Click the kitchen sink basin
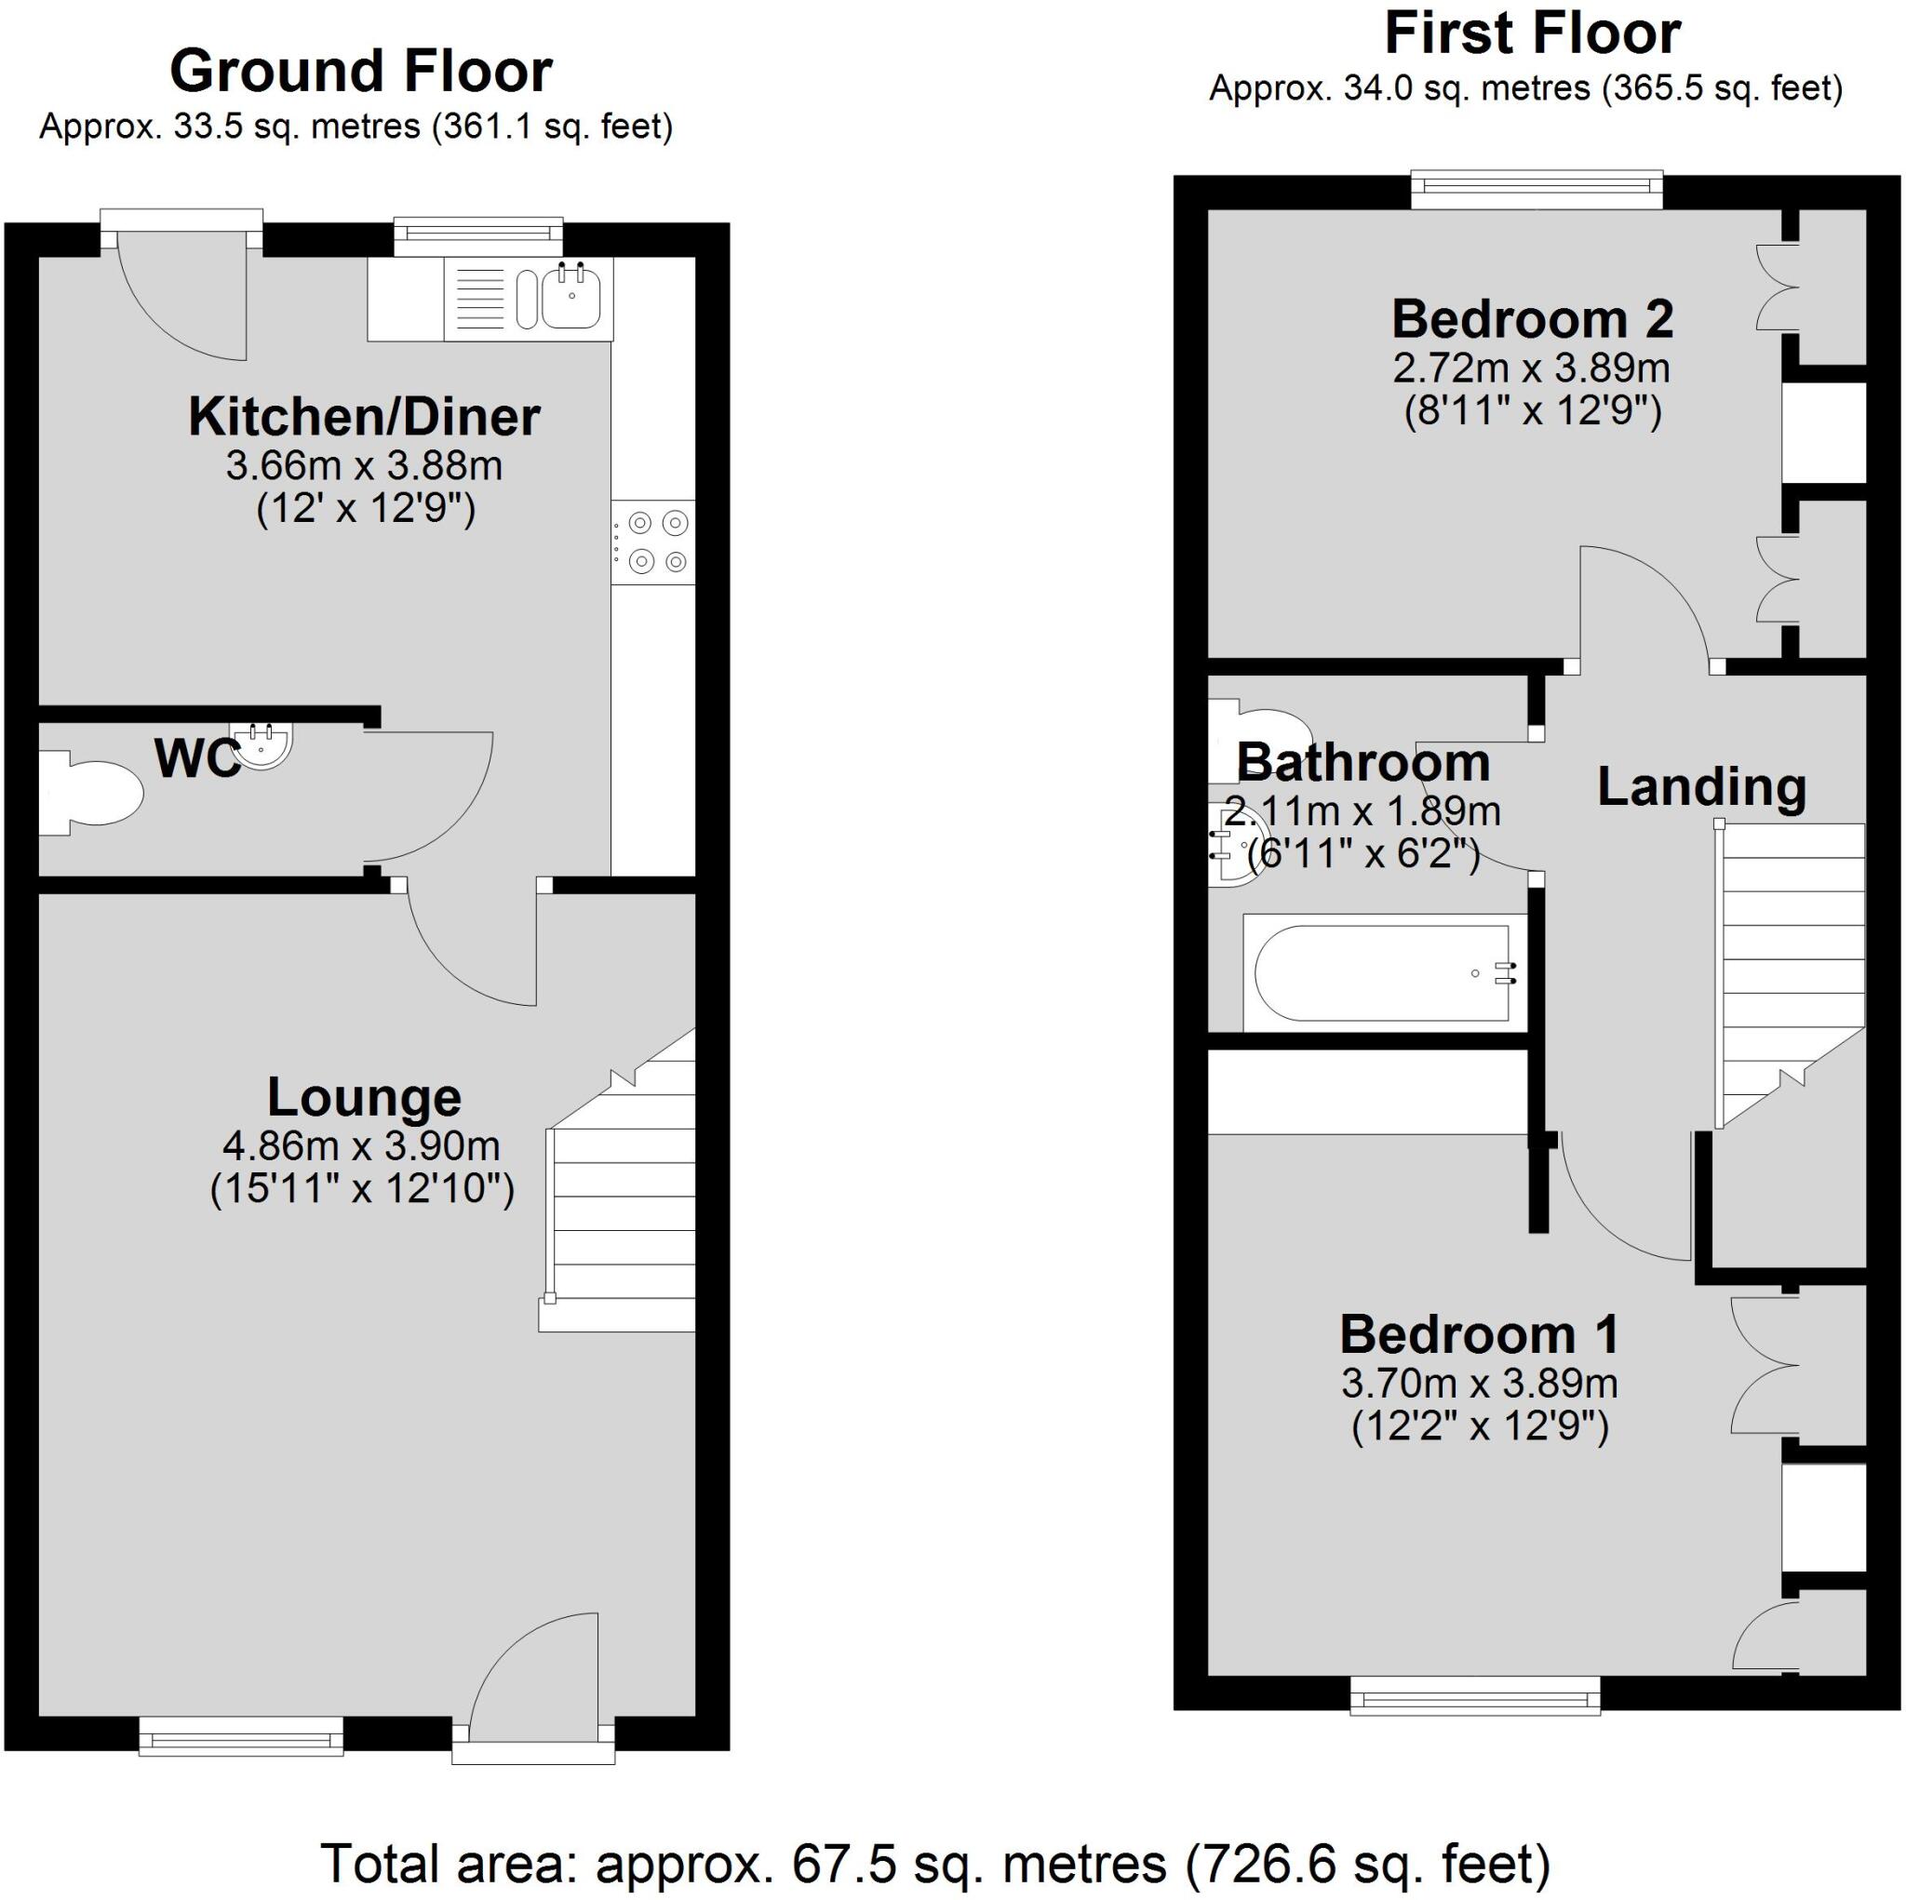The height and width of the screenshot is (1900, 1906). tap(571, 299)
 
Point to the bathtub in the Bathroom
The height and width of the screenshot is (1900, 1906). tap(1381, 972)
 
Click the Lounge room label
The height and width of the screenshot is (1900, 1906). tap(364, 1097)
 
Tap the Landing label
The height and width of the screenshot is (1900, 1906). tap(1702, 786)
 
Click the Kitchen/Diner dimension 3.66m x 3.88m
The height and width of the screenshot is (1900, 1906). tap(364, 465)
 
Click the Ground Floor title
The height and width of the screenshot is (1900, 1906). tap(361, 71)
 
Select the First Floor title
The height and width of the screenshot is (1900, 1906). tap(1532, 33)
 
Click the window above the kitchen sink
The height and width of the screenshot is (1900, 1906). tap(478, 234)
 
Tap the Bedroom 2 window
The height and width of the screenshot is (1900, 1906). tap(1536, 191)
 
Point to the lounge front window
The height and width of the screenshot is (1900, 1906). tap(241, 1734)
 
